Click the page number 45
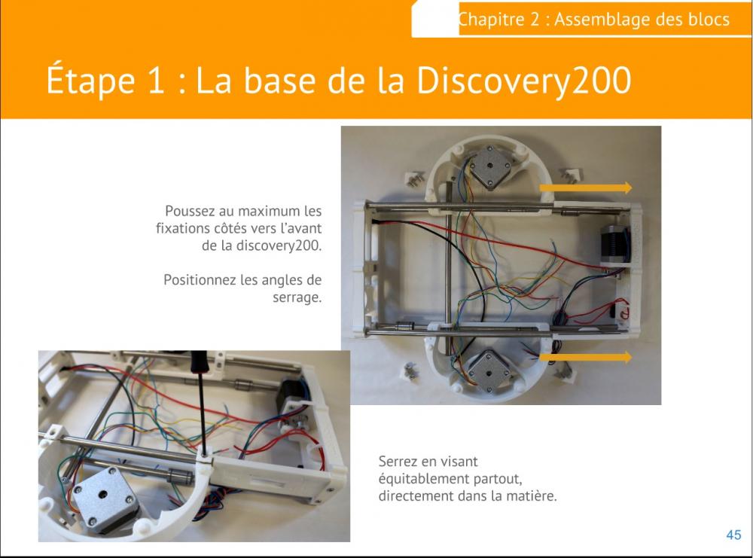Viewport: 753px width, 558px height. tap(733, 535)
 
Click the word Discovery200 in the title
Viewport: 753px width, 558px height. tap(523, 80)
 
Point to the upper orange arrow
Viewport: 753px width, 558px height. tap(586, 188)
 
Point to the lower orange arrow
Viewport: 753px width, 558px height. tap(586, 357)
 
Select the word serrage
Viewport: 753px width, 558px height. tap(297, 297)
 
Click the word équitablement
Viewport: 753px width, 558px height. tap(424, 479)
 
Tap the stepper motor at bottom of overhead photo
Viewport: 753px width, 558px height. tap(488, 372)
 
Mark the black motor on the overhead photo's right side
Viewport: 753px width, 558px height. tap(615, 245)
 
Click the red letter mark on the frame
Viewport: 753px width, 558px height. tap(624, 313)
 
